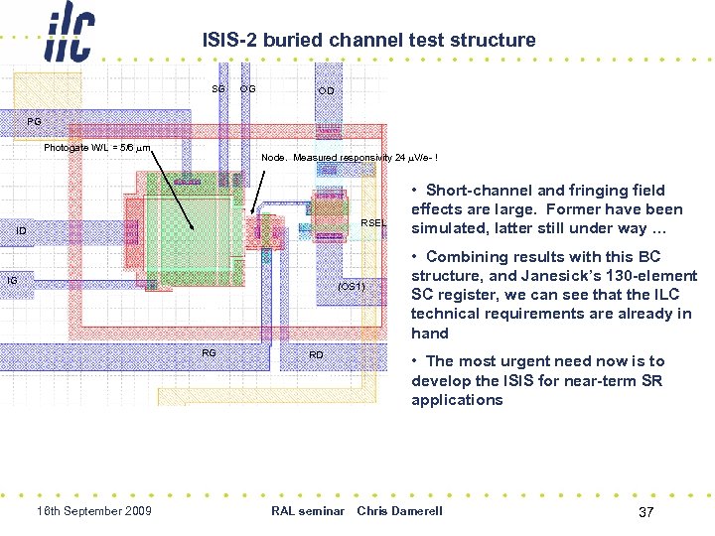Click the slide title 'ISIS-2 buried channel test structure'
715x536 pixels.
[368, 41]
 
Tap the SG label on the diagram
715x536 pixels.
[217, 89]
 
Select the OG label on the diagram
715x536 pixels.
[247, 89]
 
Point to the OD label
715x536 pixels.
[326, 91]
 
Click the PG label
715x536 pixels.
[34, 122]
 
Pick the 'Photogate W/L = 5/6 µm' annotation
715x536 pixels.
[97, 148]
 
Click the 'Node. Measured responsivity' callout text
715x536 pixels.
[349, 158]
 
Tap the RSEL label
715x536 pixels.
[372, 222]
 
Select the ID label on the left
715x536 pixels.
[21, 231]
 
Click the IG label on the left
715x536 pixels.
[12, 281]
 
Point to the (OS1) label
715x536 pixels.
[352, 286]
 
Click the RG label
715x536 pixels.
[209, 352]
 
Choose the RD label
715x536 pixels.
[316, 354]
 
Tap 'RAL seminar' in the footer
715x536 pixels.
[307, 511]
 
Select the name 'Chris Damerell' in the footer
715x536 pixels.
[399, 511]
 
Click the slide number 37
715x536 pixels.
[645, 512]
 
